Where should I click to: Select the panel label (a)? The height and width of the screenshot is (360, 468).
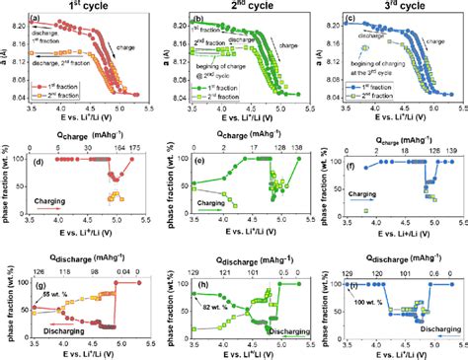(36, 20)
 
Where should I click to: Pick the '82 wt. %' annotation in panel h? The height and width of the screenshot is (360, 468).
(216, 309)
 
